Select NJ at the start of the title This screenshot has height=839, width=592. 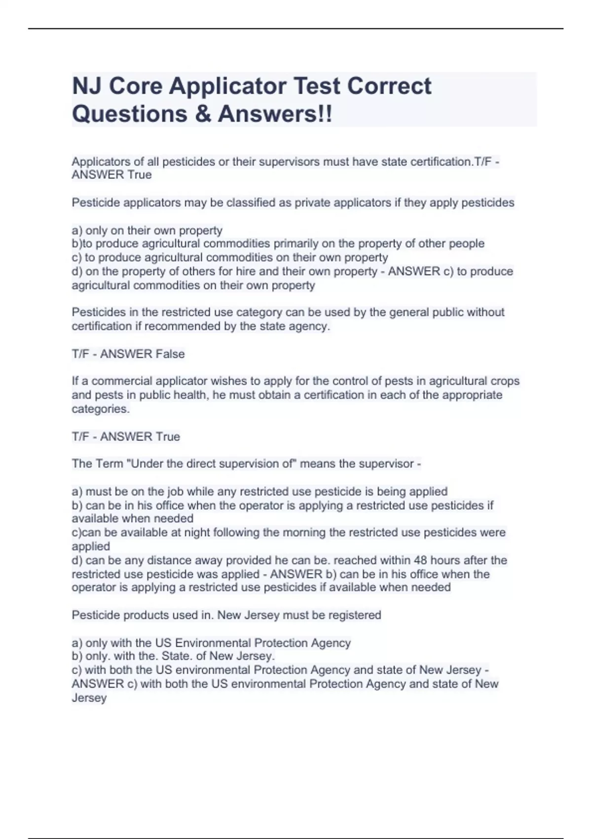pos(87,86)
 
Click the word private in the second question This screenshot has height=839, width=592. pos(312,203)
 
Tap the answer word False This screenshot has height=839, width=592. pos(170,354)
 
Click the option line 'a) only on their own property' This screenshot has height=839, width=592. pos(147,230)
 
